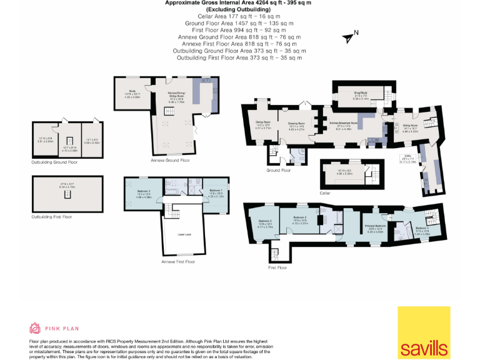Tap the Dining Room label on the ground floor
click(262, 123)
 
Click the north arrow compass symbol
click(350, 37)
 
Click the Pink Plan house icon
click(36, 328)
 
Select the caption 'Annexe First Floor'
click(178, 261)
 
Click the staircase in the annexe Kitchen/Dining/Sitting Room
click(169, 111)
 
